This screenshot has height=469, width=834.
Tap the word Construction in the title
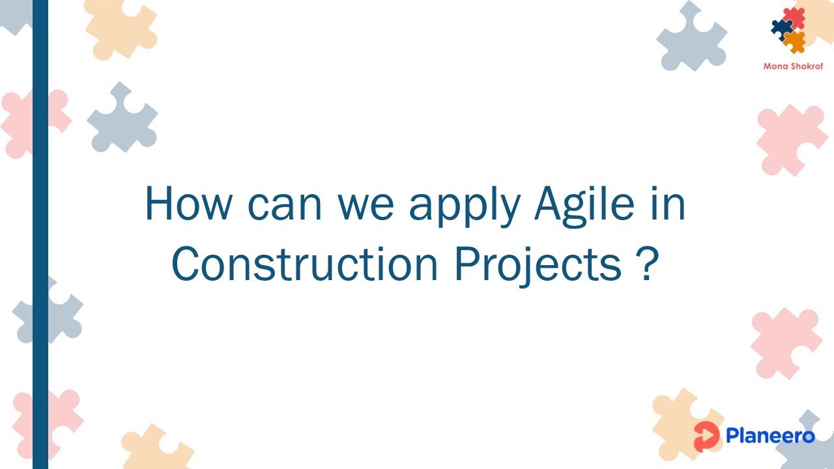coord(305,264)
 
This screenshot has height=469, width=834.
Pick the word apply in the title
coord(464,205)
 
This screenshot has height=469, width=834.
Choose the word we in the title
coord(365,204)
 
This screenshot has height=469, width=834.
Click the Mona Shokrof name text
coord(793,66)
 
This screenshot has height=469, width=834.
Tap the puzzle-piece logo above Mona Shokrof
coord(790,29)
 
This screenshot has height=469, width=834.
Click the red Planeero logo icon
coord(706,436)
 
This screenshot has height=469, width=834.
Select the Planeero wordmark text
coord(770,435)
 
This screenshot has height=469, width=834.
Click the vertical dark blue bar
coord(40,234)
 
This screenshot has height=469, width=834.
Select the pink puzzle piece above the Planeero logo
coord(786,341)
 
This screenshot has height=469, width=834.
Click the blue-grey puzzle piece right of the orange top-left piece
coord(122,118)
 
